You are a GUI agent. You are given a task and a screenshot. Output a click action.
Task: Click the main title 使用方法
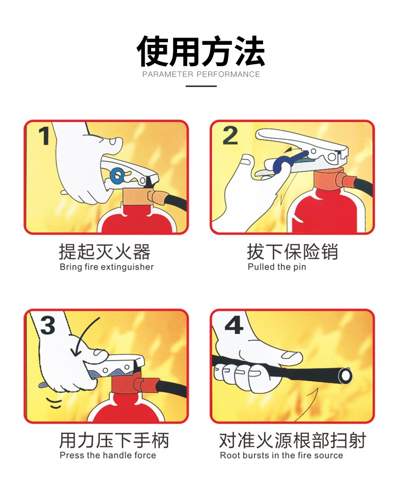[201, 51]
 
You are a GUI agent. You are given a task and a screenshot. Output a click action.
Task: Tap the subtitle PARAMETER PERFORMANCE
[201, 74]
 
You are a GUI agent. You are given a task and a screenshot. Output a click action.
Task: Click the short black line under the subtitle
[201, 86]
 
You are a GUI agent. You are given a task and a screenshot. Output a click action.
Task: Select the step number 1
[44, 136]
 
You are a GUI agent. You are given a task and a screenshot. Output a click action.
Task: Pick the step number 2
[230, 136]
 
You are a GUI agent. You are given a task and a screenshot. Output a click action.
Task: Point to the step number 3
[48, 325]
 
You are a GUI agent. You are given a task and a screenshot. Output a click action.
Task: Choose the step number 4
[234, 325]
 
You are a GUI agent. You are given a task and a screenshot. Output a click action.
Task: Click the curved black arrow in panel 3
[82, 335]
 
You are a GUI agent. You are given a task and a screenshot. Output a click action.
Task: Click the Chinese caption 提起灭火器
[105, 251]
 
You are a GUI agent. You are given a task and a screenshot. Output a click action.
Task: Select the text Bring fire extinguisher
[107, 267]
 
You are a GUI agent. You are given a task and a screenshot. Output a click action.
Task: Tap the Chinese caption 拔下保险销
[293, 251]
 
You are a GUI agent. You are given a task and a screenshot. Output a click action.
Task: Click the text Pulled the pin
[277, 267]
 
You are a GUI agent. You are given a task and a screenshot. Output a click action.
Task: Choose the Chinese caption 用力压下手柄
[114, 440]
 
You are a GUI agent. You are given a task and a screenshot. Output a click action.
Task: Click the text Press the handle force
[108, 455]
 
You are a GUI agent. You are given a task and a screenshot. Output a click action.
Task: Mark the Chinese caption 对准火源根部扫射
[293, 440]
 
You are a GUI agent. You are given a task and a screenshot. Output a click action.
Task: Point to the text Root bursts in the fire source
[281, 455]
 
